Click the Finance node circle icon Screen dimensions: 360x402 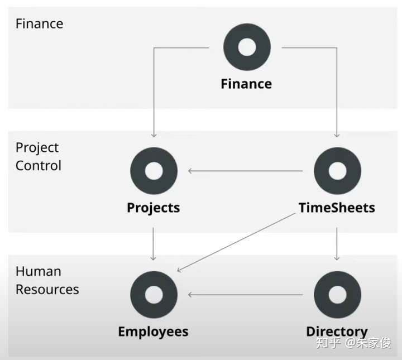click(x=246, y=47)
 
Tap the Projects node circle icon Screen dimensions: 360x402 click(x=154, y=171)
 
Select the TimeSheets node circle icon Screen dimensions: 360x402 click(x=337, y=171)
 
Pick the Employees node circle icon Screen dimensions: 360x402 click(x=154, y=295)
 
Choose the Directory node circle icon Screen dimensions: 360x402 click(x=337, y=295)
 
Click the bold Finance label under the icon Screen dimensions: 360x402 click(x=246, y=84)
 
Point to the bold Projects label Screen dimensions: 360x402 click(x=154, y=208)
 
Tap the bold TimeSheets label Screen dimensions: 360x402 click(x=337, y=208)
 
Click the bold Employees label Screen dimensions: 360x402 click(x=153, y=332)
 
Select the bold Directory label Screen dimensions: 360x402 click(x=337, y=332)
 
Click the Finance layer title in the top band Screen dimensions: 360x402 click(x=39, y=24)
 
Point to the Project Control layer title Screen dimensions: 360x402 click(x=38, y=157)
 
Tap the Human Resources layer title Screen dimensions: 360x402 click(x=47, y=281)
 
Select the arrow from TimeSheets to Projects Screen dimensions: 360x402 click(x=246, y=171)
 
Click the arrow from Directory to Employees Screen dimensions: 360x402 click(x=246, y=295)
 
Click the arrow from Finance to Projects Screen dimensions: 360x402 click(x=154, y=89)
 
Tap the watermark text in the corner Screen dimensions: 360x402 click(x=353, y=343)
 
